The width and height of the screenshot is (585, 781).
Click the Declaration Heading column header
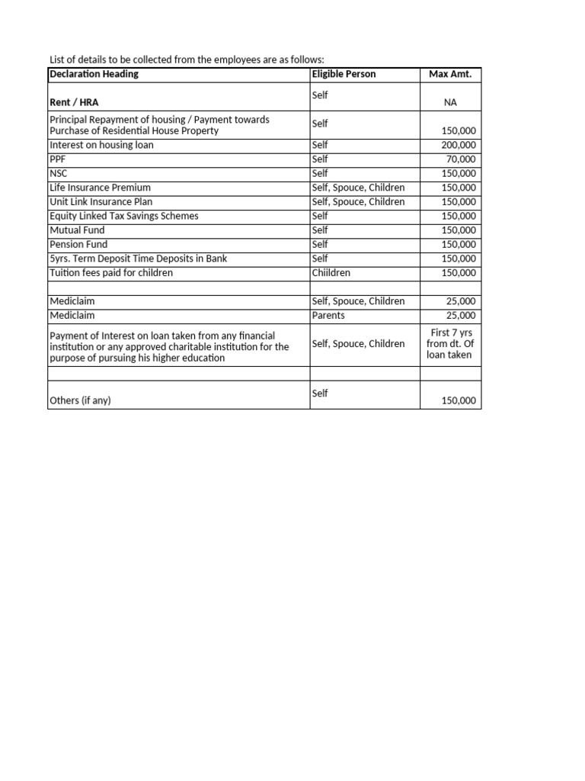point(94,74)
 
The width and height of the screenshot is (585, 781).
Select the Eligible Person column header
point(344,74)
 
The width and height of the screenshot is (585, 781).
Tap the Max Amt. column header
point(450,74)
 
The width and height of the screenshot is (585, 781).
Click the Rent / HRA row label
point(74,102)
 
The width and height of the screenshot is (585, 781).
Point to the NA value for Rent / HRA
point(450,102)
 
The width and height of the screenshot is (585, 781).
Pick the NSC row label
point(59,173)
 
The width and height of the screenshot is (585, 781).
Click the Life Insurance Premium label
point(100,188)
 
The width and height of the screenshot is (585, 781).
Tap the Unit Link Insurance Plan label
point(101,201)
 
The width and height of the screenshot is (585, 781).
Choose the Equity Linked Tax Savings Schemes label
point(123,216)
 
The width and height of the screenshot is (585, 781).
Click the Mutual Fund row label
point(77,230)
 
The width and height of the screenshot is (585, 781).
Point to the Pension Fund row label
point(78,244)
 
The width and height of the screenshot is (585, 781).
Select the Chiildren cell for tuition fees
point(334,273)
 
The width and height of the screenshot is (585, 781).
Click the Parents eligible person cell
point(328,316)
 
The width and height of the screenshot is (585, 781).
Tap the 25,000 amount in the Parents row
point(461,316)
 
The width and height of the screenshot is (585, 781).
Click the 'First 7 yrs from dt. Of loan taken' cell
point(450,343)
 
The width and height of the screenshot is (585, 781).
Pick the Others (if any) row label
point(80,400)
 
